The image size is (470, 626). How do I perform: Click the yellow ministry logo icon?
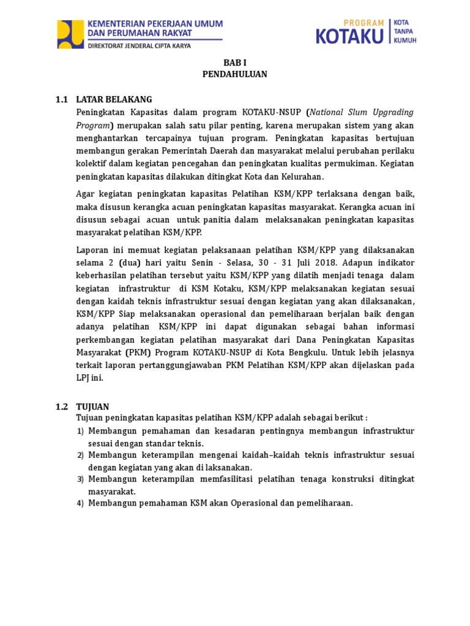(x=70, y=34)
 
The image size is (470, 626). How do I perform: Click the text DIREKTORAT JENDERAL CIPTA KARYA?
(x=140, y=45)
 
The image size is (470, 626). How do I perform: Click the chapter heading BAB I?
(x=234, y=62)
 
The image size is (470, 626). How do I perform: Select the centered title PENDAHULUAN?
(x=234, y=74)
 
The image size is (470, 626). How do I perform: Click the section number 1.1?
(x=62, y=99)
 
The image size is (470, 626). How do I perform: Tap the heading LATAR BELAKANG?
(x=114, y=99)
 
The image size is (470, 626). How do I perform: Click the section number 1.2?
(x=62, y=407)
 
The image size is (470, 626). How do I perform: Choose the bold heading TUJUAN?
(x=92, y=407)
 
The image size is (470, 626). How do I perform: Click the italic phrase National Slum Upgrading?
(x=362, y=112)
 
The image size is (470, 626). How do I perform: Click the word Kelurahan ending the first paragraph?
(x=301, y=177)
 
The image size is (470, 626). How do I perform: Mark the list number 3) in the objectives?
(x=80, y=479)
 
